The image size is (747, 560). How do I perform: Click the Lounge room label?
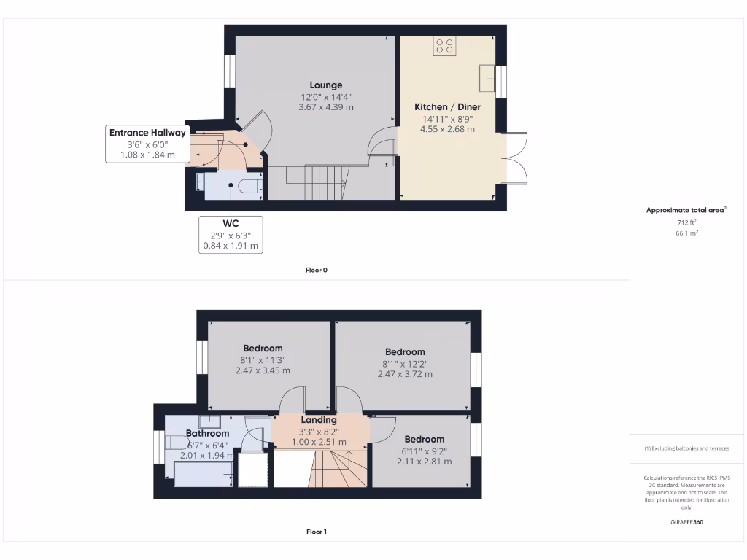tap(325, 85)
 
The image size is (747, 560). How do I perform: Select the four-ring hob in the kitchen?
tap(444, 47)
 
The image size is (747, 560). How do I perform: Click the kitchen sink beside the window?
tap(486, 77)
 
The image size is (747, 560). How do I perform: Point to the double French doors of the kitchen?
tap(515, 159)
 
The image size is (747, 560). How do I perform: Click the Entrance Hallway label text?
tap(147, 133)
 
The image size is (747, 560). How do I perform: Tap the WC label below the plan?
tap(231, 222)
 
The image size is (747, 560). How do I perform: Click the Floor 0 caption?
tap(316, 270)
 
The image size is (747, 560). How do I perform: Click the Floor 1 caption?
tap(316, 532)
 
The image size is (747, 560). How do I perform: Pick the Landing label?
tap(319, 420)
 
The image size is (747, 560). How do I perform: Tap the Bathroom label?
tap(207, 433)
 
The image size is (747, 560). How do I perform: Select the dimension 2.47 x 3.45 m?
tap(263, 370)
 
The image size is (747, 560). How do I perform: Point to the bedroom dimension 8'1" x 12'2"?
tap(405, 363)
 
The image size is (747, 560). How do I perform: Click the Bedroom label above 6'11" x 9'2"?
tap(424, 439)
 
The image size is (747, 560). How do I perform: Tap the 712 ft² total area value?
tap(686, 222)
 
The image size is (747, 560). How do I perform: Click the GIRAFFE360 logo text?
tap(686, 522)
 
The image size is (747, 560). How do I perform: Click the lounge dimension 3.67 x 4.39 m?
tap(325, 107)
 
